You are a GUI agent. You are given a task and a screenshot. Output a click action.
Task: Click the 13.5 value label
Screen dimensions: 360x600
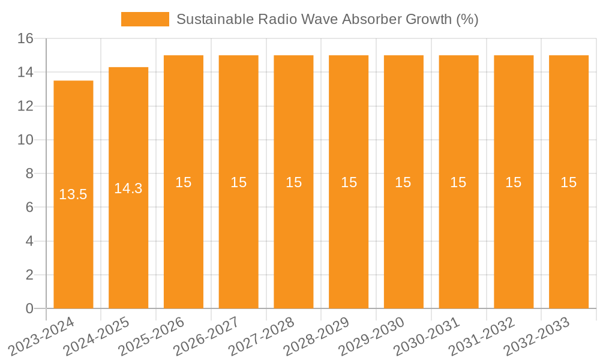tap(73, 194)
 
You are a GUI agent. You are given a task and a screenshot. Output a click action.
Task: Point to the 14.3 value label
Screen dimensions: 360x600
tap(128, 188)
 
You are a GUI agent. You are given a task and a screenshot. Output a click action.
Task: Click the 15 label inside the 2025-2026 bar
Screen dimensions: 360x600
tap(184, 182)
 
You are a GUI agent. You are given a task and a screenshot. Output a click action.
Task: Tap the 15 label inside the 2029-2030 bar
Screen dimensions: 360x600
tap(403, 182)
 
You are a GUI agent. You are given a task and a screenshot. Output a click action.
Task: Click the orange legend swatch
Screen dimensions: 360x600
tap(145, 19)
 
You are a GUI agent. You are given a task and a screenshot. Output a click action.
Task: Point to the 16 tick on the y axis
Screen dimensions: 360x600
tap(25, 38)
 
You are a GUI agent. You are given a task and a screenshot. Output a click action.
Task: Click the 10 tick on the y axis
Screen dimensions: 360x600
tap(25, 140)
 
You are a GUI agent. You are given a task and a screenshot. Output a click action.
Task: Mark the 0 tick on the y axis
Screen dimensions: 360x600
tap(29, 308)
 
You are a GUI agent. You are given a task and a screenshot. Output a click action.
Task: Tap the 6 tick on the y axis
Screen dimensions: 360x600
tap(29, 208)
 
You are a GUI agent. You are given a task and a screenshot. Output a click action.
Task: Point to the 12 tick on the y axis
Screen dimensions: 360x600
tap(25, 106)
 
